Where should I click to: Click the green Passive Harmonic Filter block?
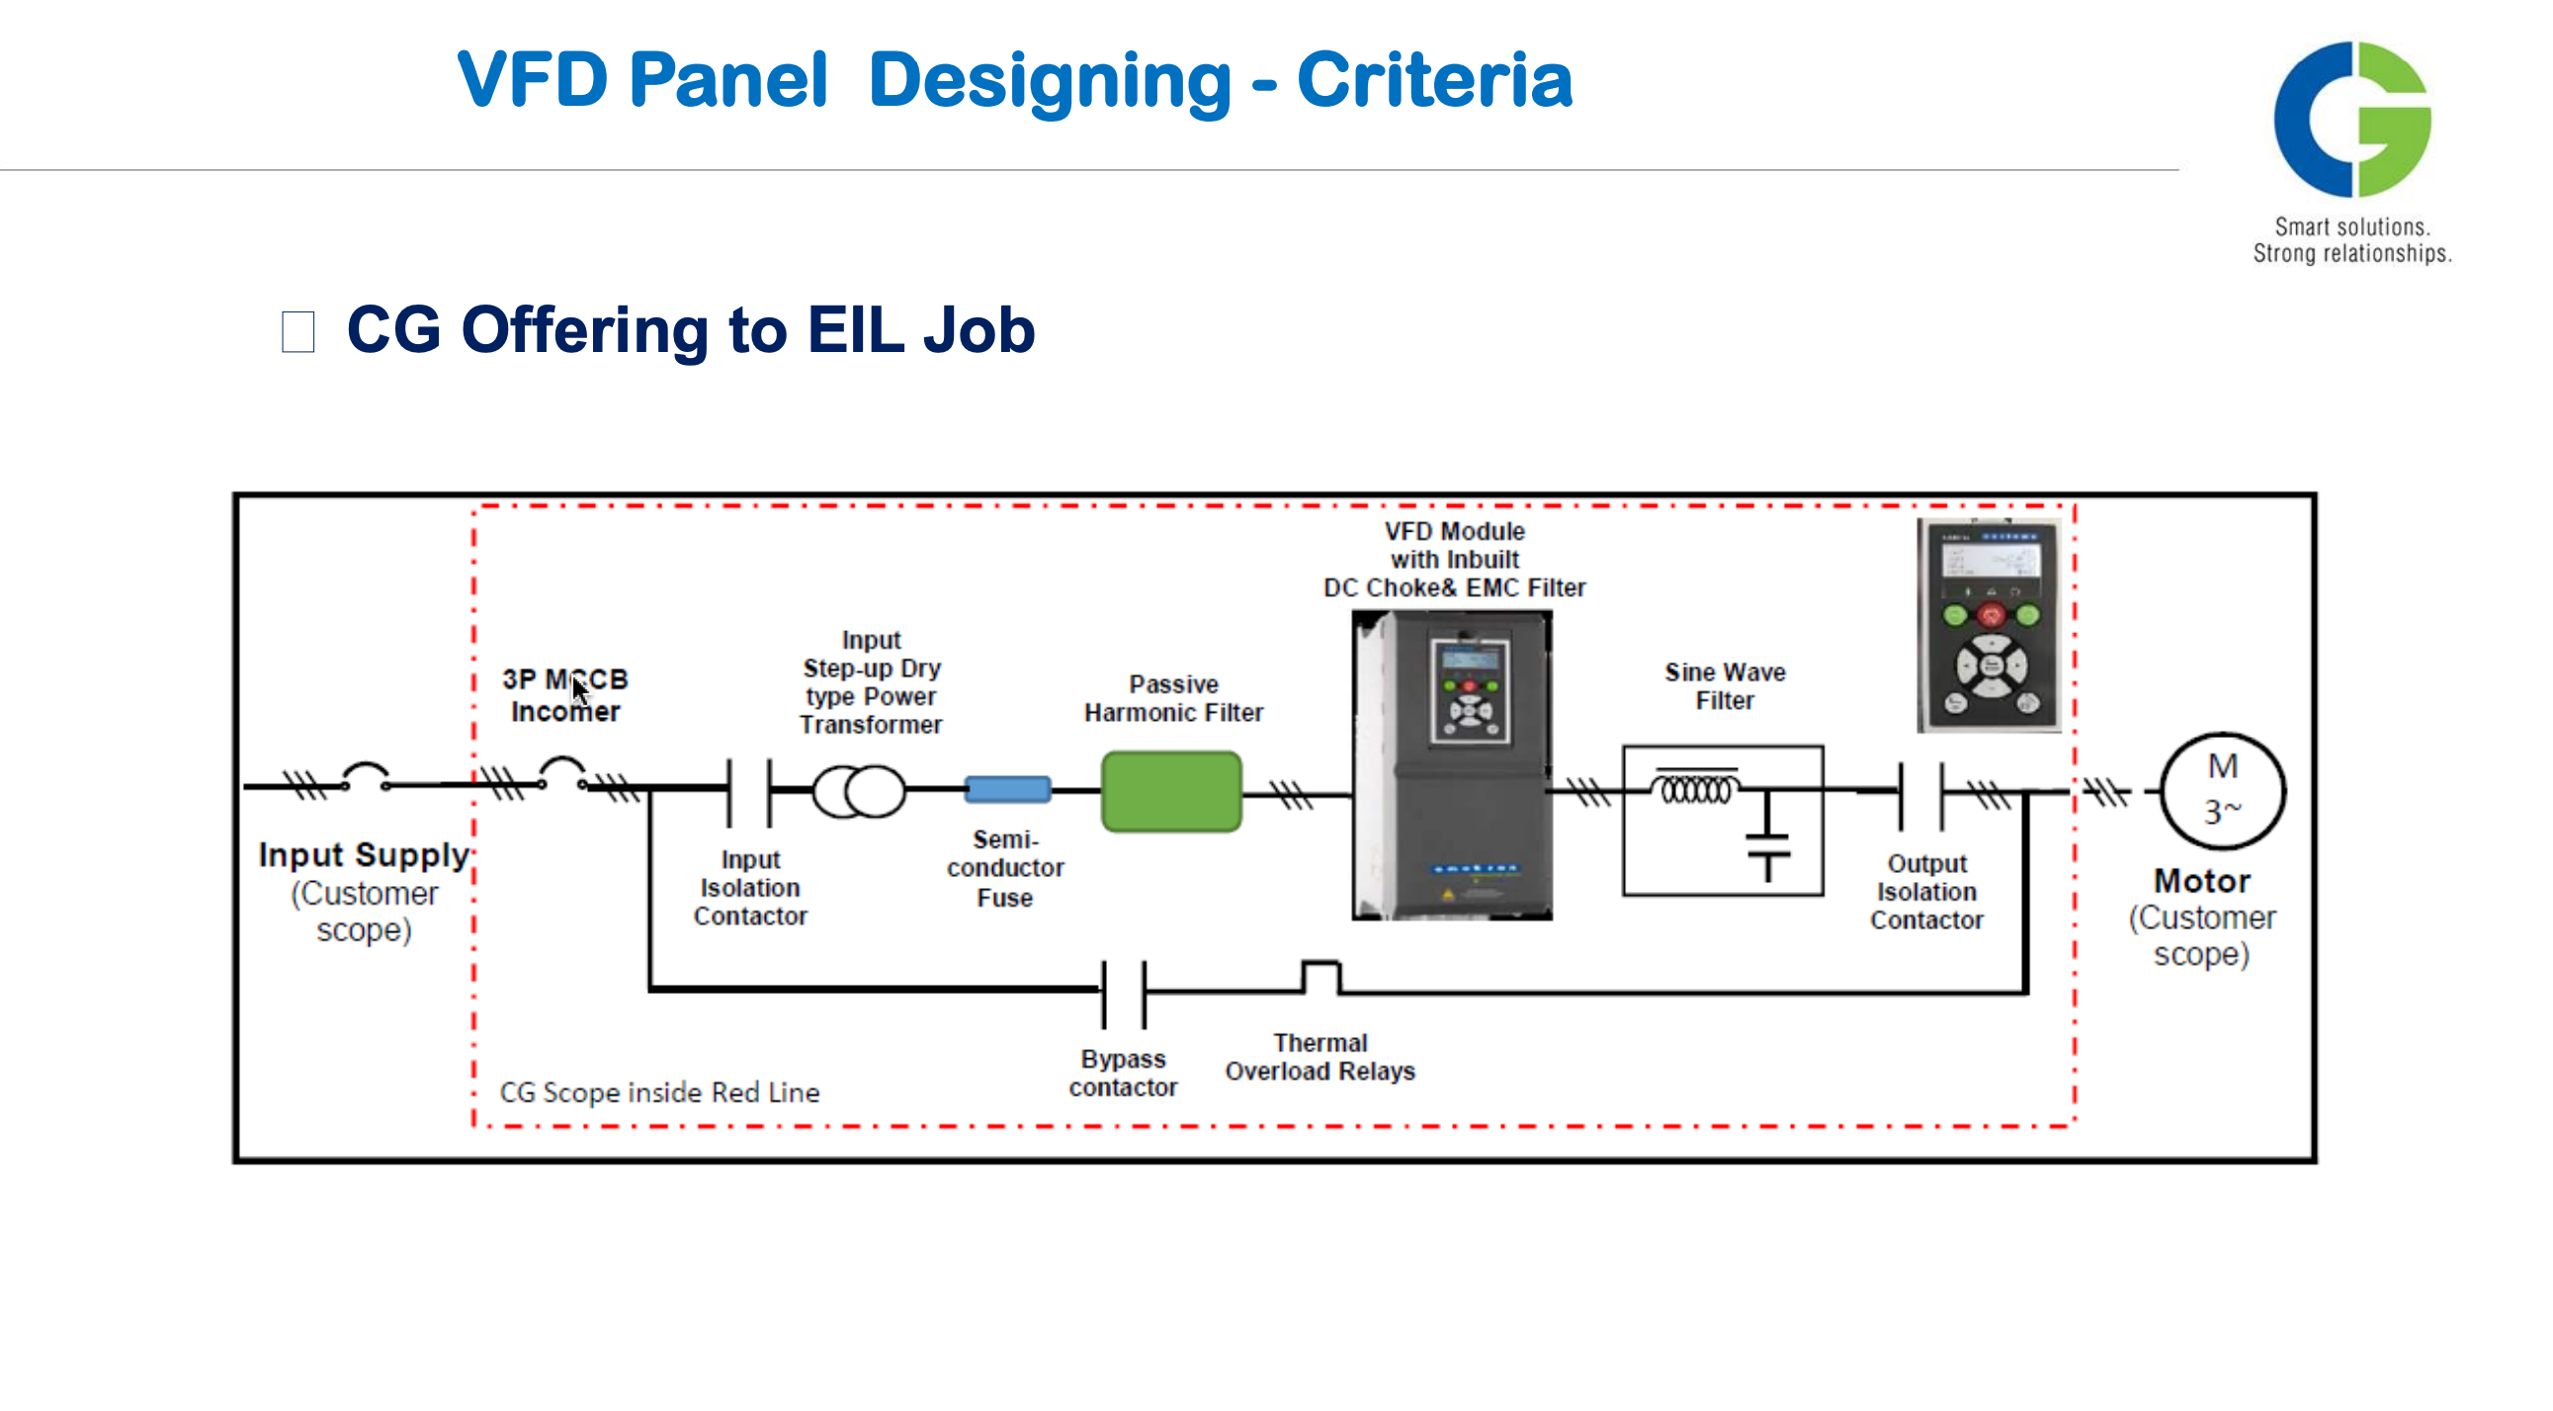click(x=1170, y=791)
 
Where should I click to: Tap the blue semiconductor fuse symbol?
click(x=1007, y=789)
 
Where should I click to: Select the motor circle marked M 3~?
click(x=2222, y=790)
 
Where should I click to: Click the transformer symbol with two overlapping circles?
click(x=858, y=791)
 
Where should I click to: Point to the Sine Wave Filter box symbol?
click(x=1723, y=820)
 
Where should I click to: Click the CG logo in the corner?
click(x=2350, y=119)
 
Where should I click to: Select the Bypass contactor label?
click(x=1123, y=1073)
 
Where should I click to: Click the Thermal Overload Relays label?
click(x=1319, y=1057)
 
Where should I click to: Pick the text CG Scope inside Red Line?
click(x=659, y=1093)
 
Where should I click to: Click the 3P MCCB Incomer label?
click(x=565, y=695)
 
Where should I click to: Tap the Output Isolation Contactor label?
click(x=1925, y=892)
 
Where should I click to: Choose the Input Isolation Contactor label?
click(x=750, y=888)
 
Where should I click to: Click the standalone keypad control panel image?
click(x=1989, y=625)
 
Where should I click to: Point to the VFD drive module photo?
click(x=1452, y=764)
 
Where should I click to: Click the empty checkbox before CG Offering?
click(x=298, y=331)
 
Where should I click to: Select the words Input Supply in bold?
click(x=363, y=854)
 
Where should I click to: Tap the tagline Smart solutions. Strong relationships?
click(x=2351, y=240)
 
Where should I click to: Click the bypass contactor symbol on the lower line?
click(x=1124, y=993)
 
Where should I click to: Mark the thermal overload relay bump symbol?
click(x=1320, y=977)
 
